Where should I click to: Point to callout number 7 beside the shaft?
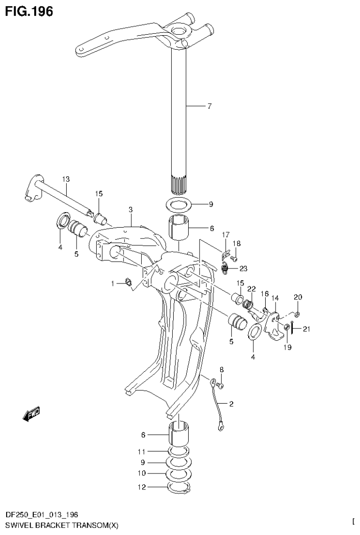click(x=209, y=106)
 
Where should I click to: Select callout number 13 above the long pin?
click(x=65, y=179)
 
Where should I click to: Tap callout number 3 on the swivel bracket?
click(x=131, y=209)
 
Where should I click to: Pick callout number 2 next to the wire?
click(x=231, y=403)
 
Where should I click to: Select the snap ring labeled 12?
click(x=178, y=489)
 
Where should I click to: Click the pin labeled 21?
click(x=292, y=328)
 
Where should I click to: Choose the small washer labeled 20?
click(x=298, y=313)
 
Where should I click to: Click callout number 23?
click(x=243, y=269)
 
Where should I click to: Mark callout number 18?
click(x=236, y=243)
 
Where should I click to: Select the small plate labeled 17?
click(x=225, y=256)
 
